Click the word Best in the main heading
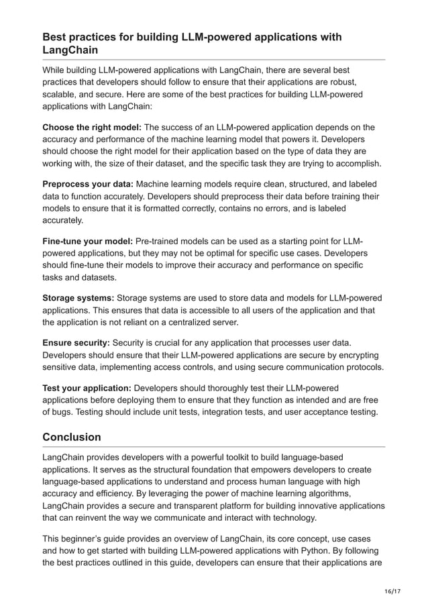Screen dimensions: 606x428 pos(56,36)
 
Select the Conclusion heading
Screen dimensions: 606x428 pos(72,437)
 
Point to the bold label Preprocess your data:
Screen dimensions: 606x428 pos(88,183)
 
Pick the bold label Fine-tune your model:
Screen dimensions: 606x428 pos(88,240)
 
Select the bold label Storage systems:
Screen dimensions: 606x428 pos(78,297)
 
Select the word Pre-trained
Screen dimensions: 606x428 pos(161,240)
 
